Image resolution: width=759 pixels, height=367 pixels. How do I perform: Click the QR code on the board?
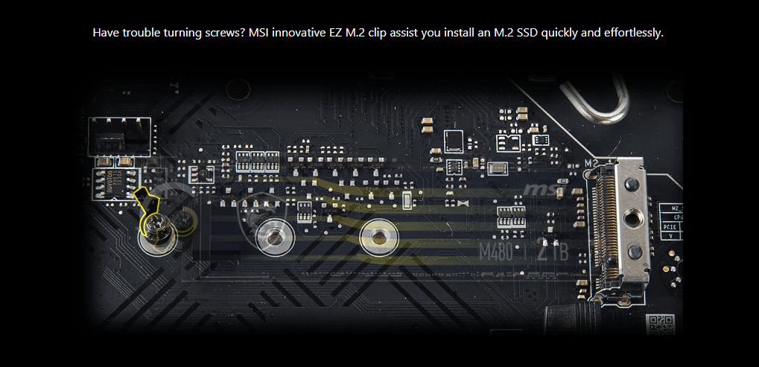point(661,325)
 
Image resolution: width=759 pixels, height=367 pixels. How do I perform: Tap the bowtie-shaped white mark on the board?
point(463,202)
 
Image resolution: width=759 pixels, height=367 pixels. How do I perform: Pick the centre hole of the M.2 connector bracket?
point(632,217)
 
